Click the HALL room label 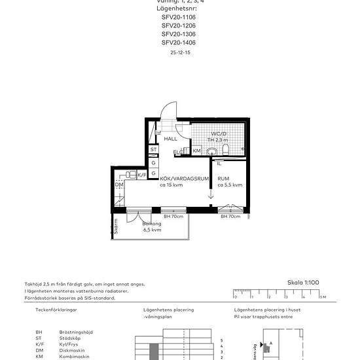click(171, 139)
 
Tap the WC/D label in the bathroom click(219, 134)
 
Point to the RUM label click(224, 178)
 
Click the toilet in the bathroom click(225, 151)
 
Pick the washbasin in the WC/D click(211, 152)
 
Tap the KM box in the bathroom click(196, 151)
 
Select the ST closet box click(153, 150)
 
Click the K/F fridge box click(141, 175)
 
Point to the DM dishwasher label click(119, 185)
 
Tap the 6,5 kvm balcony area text click(153, 230)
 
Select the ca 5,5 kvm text click(230, 185)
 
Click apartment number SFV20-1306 click(178, 33)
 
